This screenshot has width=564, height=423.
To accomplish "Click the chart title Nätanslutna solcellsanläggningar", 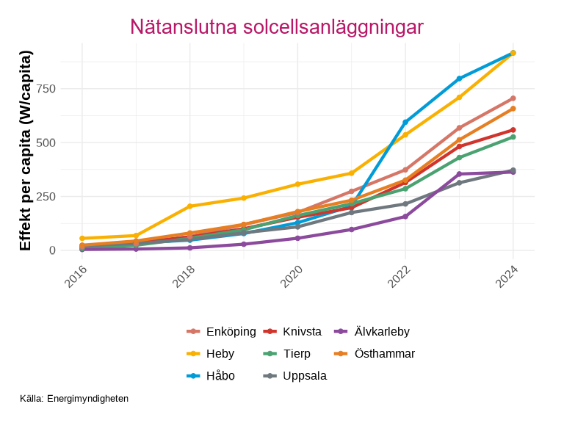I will pyautogui.click(x=277, y=27).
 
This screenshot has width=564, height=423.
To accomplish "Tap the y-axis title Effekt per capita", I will pyautogui.click(x=26, y=151).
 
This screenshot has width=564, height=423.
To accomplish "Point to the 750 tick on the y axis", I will pyautogui.click(x=46, y=89).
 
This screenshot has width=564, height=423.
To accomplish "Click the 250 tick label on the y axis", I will pyautogui.click(x=46, y=197).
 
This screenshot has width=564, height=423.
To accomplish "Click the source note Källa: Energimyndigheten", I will pyautogui.click(x=74, y=399).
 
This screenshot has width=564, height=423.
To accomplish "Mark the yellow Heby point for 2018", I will pyautogui.click(x=189, y=206).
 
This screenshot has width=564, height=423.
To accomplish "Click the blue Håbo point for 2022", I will pyautogui.click(x=405, y=122).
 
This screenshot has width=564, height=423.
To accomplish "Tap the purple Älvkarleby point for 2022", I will pyautogui.click(x=405, y=217).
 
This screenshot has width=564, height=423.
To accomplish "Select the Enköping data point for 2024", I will pyautogui.click(x=513, y=98).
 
